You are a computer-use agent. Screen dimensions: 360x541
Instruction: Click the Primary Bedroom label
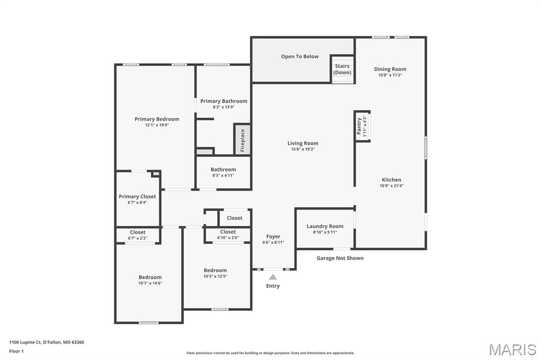156,119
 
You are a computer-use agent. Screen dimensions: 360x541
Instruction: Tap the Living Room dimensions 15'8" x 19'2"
303,149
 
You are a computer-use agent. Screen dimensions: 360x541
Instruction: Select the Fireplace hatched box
242,139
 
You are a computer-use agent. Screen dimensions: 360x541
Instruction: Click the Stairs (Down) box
342,69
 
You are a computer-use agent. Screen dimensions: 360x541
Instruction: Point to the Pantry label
359,126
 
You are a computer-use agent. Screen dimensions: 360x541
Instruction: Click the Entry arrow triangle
273,277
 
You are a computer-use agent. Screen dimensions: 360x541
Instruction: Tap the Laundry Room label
325,226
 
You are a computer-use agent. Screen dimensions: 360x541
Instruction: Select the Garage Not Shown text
340,258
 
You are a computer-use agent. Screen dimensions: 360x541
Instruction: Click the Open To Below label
300,56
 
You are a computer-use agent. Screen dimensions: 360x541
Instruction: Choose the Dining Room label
390,69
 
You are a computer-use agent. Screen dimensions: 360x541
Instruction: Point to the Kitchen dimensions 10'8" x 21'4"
391,186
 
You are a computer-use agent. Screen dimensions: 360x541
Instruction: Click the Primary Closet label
137,196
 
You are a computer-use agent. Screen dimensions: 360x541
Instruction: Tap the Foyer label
273,236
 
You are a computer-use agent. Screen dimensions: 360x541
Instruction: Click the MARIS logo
512,349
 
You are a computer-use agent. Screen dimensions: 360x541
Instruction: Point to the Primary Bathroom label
223,101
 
